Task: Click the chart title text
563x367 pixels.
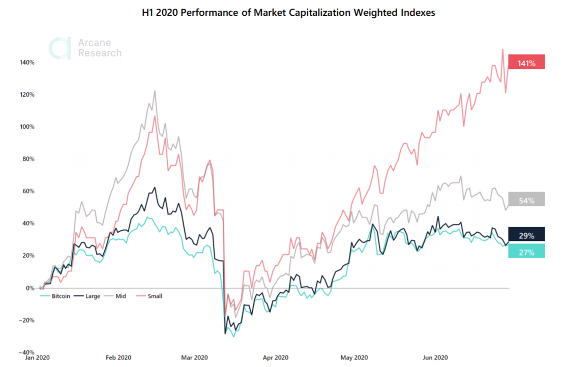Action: pos(288,13)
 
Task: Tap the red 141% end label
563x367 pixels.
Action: pos(526,63)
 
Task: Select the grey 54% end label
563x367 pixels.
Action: pos(526,200)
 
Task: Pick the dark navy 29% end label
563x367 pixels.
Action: pos(526,235)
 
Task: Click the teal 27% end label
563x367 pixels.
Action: pos(526,252)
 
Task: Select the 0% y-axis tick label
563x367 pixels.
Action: pos(30,288)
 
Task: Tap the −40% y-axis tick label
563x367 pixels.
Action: pos(26,352)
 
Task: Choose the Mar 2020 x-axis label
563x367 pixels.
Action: pos(194,358)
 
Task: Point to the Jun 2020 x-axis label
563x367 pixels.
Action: pos(435,358)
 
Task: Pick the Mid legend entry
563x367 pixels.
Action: pos(118,296)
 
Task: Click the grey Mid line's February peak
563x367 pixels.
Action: pos(155,91)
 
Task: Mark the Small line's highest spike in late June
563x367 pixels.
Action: pos(502,49)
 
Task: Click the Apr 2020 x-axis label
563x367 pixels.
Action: pos(276,358)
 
